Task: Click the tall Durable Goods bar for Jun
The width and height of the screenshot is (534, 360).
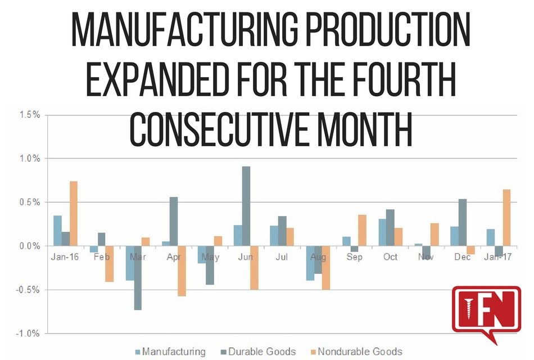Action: [x=246, y=206]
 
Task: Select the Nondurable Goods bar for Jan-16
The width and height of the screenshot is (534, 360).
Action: [x=73, y=214]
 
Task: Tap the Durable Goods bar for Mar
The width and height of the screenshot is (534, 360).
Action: [x=138, y=278]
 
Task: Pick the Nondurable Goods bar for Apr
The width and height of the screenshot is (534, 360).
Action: [x=182, y=271]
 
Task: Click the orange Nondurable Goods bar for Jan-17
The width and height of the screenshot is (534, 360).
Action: [x=506, y=218]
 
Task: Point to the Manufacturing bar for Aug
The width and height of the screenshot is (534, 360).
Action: [x=310, y=263]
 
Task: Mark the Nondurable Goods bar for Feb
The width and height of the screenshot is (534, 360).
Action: [x=110, y=264]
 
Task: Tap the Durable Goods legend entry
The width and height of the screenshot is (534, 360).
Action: [x=262, y=352]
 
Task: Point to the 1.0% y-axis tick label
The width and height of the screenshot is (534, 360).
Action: [x=28, y=159]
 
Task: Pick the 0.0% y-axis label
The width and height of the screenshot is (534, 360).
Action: [x=28, y=246]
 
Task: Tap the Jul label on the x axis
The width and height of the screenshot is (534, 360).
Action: [x=282, y=257]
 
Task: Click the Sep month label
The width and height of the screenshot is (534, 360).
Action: [x=355, y=257]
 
